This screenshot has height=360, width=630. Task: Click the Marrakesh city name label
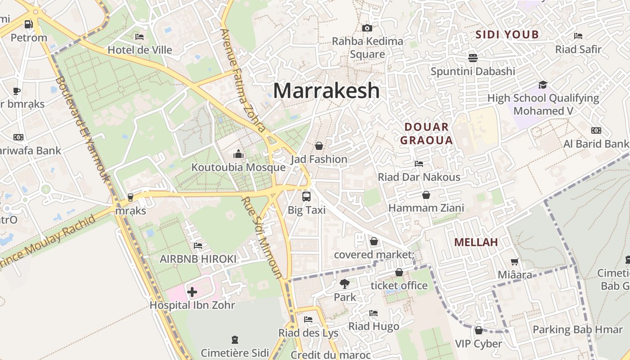pos(326,90)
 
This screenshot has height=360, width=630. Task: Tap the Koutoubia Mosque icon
pos(238,154)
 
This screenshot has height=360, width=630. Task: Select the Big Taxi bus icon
pos(306,196)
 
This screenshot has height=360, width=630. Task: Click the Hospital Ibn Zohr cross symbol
pos(192,292)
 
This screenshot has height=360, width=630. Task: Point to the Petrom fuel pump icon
pos(29,24)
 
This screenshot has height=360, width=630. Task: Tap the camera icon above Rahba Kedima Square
pos(367,28)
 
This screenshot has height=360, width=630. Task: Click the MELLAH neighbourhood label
pos(476,242)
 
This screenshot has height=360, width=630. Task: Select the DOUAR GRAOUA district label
pos(426,133)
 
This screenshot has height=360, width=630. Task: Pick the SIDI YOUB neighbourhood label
pos(507,35)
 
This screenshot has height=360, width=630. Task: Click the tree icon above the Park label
pos(345,283)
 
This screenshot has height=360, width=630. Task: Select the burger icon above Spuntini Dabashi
pos(472,58)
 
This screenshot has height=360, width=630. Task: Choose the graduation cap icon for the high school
pos(543,85)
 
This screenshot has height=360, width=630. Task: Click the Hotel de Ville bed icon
pos(139,36)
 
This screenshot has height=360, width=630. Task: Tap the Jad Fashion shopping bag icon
pos(319,146)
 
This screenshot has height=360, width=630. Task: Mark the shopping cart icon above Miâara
pos(515,261)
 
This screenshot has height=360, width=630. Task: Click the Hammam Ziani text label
pos(426,208)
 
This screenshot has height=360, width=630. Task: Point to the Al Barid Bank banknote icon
pos(596,130)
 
